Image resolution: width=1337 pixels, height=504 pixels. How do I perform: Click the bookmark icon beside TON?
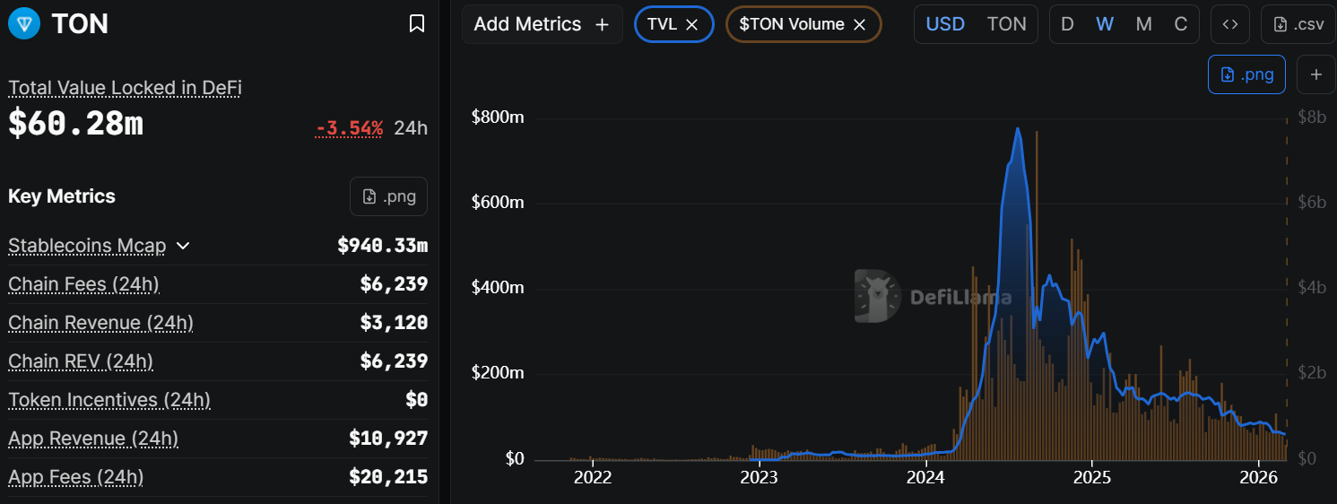[x=417, y=23]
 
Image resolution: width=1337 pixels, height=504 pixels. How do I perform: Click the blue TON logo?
[x=24, y=23]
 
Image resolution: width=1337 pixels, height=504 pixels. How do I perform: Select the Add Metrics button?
[x=542, y=24]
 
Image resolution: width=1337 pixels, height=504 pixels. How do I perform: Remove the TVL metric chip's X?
[x=691, y=25]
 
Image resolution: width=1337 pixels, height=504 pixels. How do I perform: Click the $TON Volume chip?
[x=792, y=24]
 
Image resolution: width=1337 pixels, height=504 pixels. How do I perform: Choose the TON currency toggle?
[x=1006, y=24]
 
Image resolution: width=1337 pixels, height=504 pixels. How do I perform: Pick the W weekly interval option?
[x=1105, y=24]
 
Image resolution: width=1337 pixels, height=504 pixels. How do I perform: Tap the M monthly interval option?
[x=1143, y=24]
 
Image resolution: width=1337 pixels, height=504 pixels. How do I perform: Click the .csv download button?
[x=1298, y=24]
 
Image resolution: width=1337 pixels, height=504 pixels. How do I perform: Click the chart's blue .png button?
[x=1246, y=74]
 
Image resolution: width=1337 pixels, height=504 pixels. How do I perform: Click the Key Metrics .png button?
[x=388, y=196]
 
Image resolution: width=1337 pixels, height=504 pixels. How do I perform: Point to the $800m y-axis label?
[x=497, y=117]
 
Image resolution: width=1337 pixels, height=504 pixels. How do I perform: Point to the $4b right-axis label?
[x=1312, y=288]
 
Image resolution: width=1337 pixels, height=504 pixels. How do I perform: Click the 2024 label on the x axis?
[x=926, y=476]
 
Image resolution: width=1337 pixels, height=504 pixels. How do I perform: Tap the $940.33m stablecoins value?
[x=382, y=246]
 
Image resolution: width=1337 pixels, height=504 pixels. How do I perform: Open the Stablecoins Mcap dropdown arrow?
[x=183, y=246]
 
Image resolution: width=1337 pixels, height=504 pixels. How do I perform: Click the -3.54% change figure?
[x=350, y=127]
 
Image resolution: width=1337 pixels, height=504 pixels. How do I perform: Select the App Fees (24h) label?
[x=75, y=477]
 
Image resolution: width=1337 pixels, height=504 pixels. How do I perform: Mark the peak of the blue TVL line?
[x=1018, y=128]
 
